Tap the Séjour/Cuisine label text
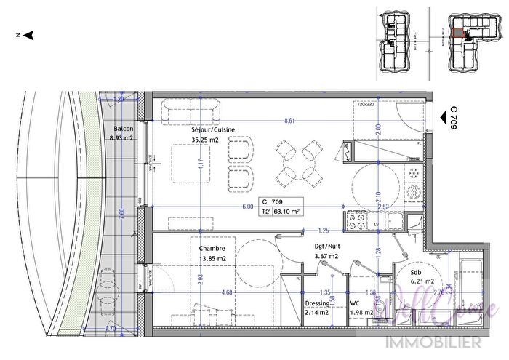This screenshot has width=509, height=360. tap(213, 129)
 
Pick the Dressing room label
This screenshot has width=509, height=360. tap(318, 303)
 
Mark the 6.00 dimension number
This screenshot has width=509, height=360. tap(248, 207)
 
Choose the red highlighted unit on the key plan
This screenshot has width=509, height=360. tap(457, 33)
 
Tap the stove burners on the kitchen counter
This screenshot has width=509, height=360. tap(357, 217)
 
